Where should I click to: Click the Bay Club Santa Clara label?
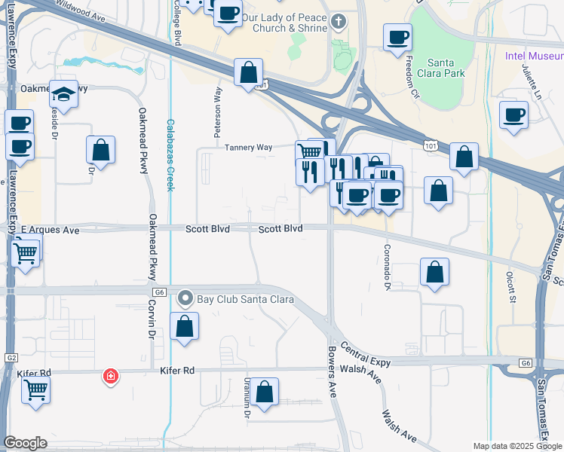tap(244, 299)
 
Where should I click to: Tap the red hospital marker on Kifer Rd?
tap(111, 375)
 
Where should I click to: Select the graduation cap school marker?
tap(63, 94)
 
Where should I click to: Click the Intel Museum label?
tap(532, 55)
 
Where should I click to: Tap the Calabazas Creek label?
tap(170, 154)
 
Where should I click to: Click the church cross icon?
tap(338, 23)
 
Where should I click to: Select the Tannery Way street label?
tap(248, 148)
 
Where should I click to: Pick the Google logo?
tap(25, 442)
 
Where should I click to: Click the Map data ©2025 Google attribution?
tap(516, 446)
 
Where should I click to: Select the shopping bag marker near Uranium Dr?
tap(264, 392)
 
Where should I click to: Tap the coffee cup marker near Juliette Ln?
tap(513, 115)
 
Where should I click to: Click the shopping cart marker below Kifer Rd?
tap(36, 390)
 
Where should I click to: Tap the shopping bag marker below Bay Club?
tap(184, 327)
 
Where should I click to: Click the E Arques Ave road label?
tap(51, 229)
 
